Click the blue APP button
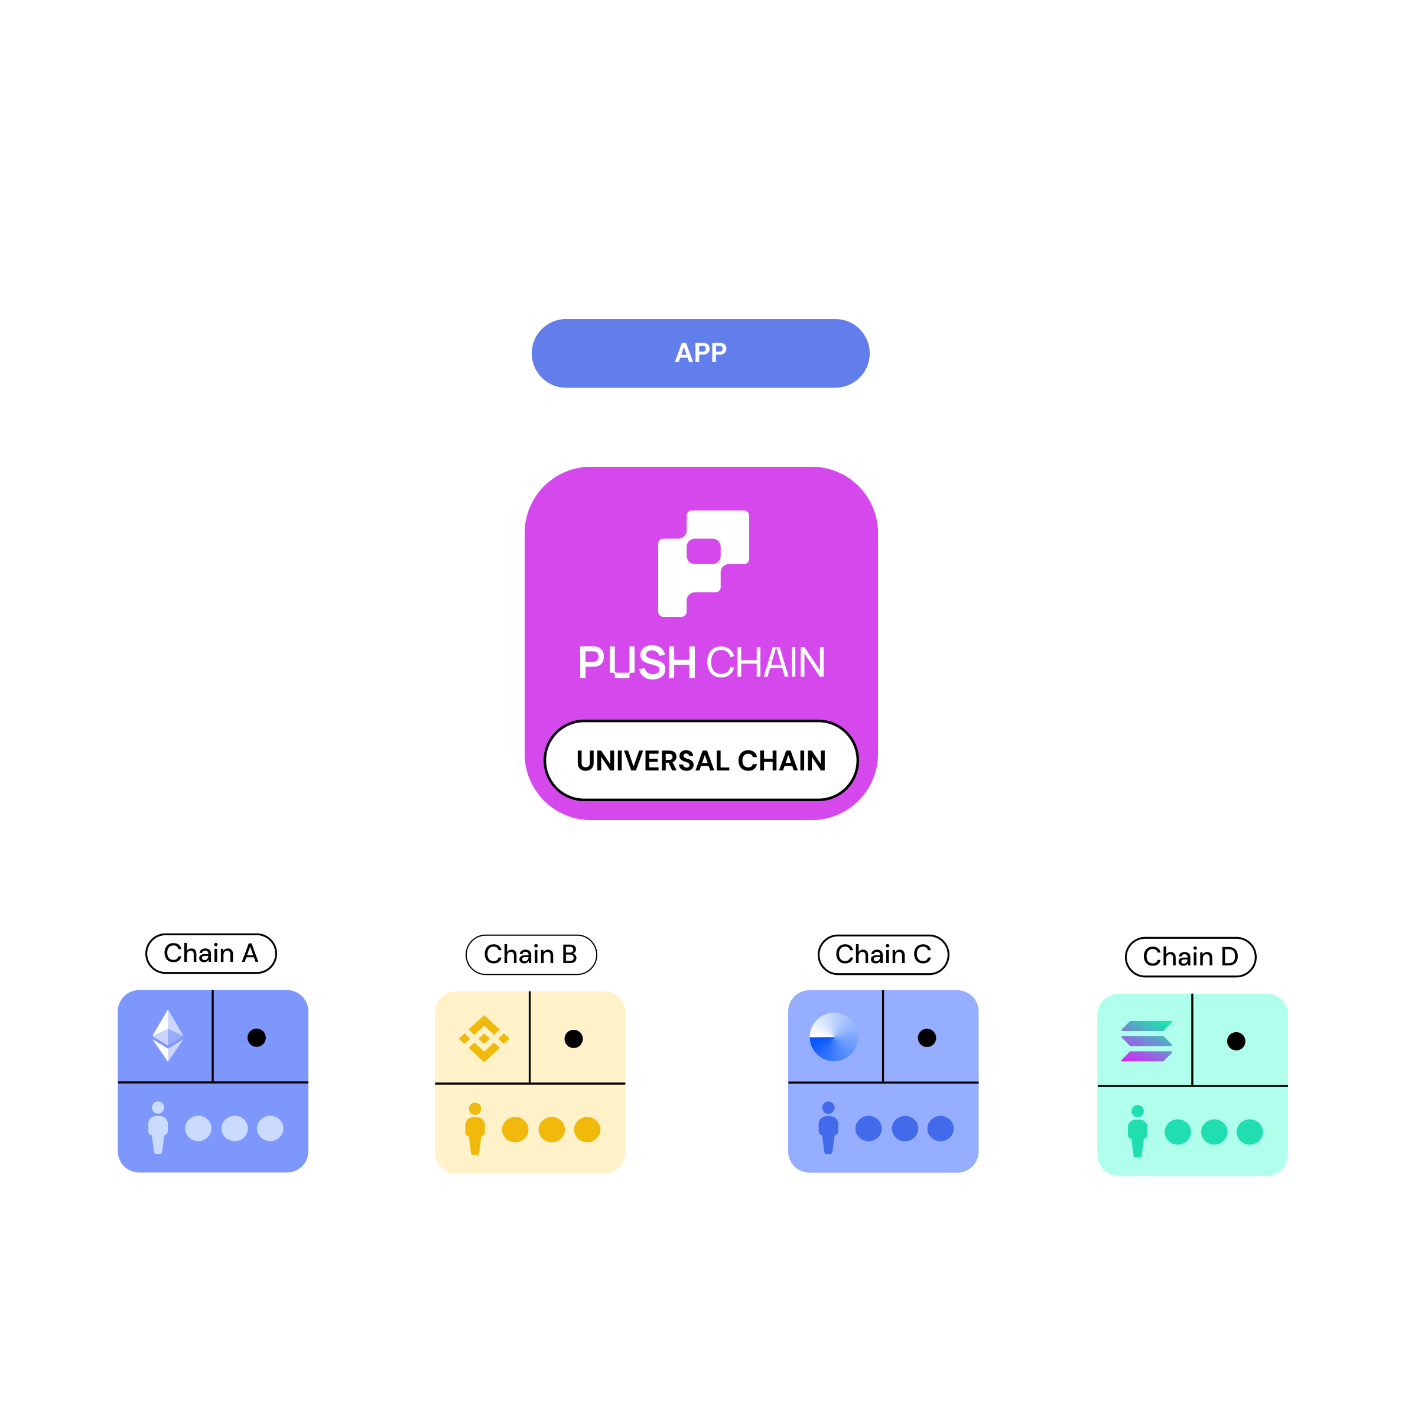700,353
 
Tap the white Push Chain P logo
703,563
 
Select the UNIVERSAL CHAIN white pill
701,760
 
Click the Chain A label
211,954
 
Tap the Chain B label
530,954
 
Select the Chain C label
883,954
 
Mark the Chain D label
1190,957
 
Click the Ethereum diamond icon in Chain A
167,1036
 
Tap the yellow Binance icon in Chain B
484,1039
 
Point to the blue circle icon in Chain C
833,1037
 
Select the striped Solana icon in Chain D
1146,1040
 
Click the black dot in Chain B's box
573,1039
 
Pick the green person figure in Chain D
1137,1131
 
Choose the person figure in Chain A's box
158,1127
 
